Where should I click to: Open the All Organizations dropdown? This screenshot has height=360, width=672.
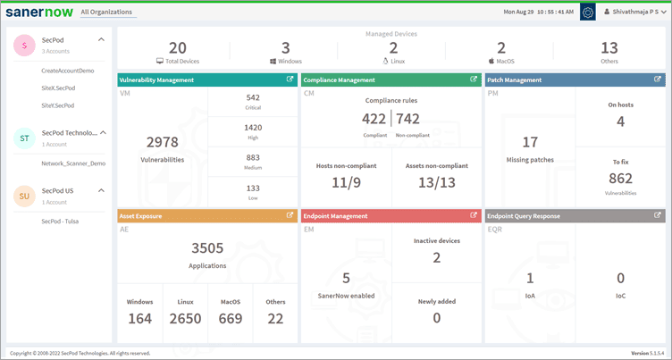(x=106, y=13)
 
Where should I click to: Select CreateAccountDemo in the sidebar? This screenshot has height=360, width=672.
(x=68, y=69)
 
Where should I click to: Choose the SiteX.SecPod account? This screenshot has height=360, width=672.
(x=58, y=87)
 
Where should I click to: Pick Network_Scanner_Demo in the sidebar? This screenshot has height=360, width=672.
(x=73, y=163)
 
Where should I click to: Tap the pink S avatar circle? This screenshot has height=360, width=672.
(x=24, y=46)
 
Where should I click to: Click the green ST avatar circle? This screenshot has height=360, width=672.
(x=24, y=138)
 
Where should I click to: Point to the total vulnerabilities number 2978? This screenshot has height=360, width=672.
(x=163, y=142)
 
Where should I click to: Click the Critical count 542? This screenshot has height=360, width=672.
(x=252, y=97)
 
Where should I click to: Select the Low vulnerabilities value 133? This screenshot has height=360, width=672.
(x=252, y=188)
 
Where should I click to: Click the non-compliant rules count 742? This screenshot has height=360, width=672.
(x=407, y=118)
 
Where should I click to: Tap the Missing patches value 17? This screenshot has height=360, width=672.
(x=530, y=142)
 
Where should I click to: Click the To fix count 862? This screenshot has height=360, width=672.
(x=621, y=179)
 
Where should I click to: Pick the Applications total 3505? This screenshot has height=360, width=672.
(x=207, y=248)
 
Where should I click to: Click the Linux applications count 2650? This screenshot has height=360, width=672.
(x=186, y=319)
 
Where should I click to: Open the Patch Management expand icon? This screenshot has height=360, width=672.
(x=658, y=80)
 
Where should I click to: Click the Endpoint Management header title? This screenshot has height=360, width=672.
(x=336, y=215)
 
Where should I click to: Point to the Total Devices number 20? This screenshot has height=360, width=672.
(x=178, y=48)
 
